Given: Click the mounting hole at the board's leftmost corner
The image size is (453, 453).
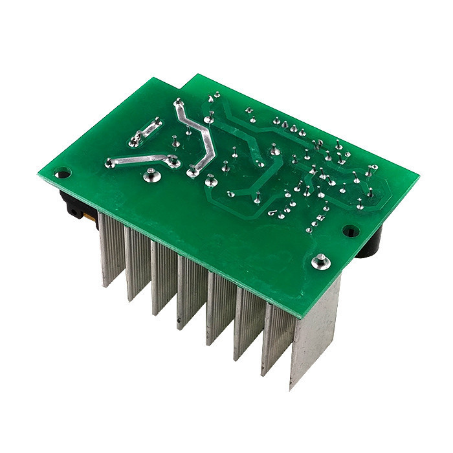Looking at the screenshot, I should coord(62,173).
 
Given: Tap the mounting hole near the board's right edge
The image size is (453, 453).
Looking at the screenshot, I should coord(349,230).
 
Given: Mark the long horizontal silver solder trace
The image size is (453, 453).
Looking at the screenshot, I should coord(139,159).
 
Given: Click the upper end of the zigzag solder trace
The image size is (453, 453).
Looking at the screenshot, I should coord(177,102).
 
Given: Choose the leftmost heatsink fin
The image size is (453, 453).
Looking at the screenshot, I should coord(110,249).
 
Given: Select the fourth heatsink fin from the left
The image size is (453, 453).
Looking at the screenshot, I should coord(192,291).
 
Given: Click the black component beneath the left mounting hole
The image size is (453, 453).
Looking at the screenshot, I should coord(70,201).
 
